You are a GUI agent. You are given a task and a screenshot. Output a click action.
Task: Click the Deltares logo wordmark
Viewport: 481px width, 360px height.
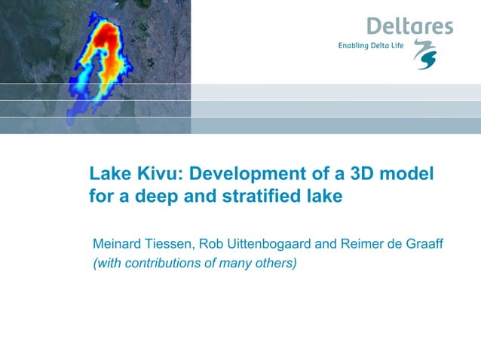(409, 26)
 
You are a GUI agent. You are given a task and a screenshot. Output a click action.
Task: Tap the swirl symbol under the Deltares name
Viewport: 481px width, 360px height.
(427, 55)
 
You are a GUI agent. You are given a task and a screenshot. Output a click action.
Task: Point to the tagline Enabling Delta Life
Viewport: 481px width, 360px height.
(372, 46)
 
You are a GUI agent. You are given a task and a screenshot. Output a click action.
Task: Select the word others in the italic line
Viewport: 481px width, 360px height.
(275, 263)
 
